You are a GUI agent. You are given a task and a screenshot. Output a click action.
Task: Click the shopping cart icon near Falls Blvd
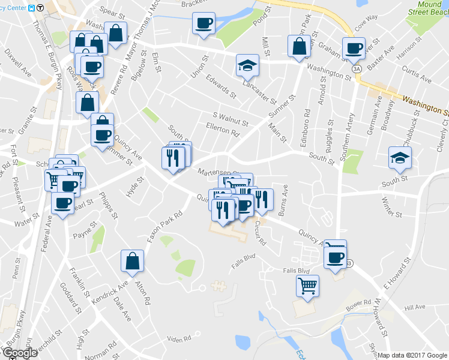(x=308, y=285)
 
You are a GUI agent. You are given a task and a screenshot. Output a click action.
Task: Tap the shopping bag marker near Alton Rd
(x=132, y=260)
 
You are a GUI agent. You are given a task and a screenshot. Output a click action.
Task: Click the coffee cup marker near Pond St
(x=203, y=24)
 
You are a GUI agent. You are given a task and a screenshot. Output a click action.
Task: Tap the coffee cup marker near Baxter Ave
(x=353, y=48)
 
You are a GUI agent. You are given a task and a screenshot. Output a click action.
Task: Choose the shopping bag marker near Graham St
(x=299, y=46)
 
